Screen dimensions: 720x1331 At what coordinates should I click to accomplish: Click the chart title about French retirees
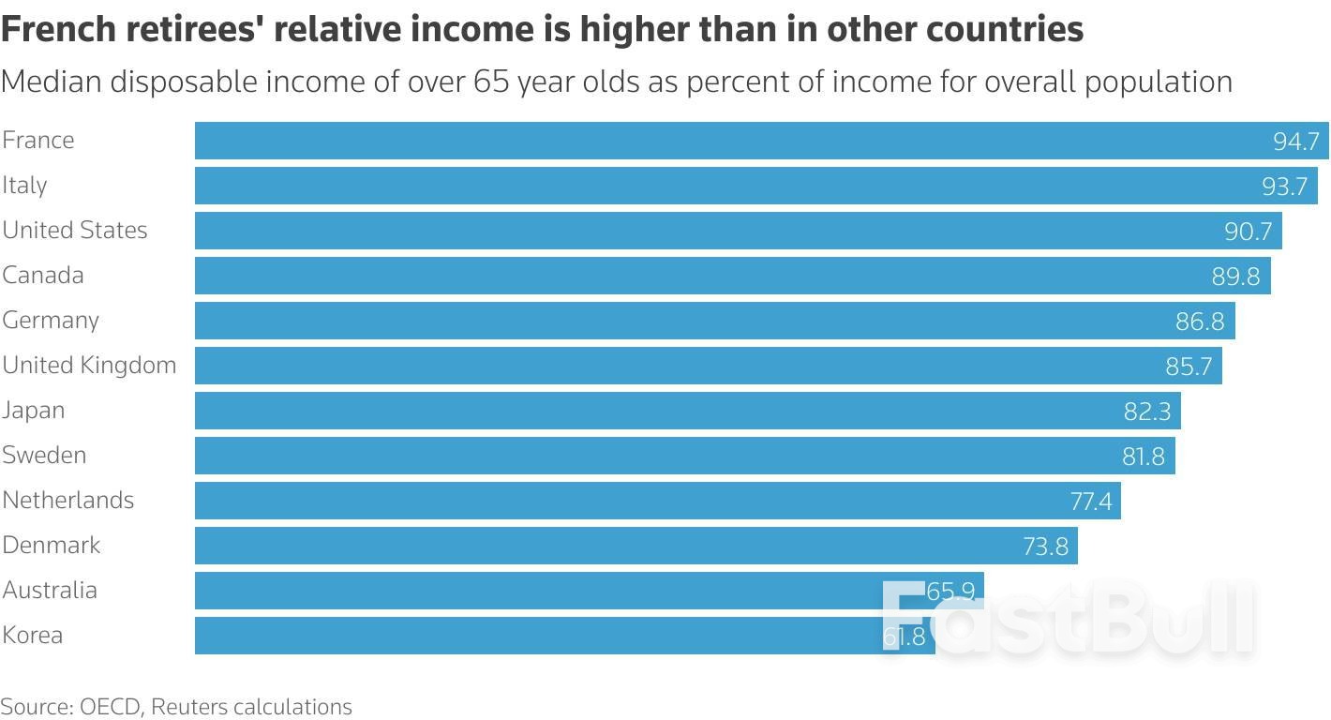(542, 29)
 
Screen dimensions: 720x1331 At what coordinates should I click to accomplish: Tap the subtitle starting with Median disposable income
(616, 82)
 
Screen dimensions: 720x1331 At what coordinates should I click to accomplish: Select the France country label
(38, 140)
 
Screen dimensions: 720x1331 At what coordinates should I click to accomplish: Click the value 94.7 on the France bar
(1295, 142)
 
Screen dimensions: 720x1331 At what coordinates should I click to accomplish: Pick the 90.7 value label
(1248, 232)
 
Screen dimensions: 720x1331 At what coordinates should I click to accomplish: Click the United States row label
(75, 230)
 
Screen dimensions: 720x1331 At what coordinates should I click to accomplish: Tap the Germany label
(51, 320)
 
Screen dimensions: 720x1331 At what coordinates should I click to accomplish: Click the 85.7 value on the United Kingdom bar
(1189, 367)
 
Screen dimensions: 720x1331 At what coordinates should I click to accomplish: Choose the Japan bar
(656, 411)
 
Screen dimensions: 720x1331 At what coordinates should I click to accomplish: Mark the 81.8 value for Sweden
(1143, 457)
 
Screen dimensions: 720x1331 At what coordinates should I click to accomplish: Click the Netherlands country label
(68, 500)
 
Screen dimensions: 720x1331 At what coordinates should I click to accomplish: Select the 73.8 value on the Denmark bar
(1045, 547)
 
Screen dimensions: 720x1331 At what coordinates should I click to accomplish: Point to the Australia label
(50, 590)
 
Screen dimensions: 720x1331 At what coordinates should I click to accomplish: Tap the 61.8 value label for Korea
(905, 637)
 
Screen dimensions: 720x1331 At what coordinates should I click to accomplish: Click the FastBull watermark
(1069, 618)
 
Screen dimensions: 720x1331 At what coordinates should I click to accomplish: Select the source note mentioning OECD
(176, 706)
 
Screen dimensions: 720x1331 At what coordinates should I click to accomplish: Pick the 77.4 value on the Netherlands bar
(1090, 502)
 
